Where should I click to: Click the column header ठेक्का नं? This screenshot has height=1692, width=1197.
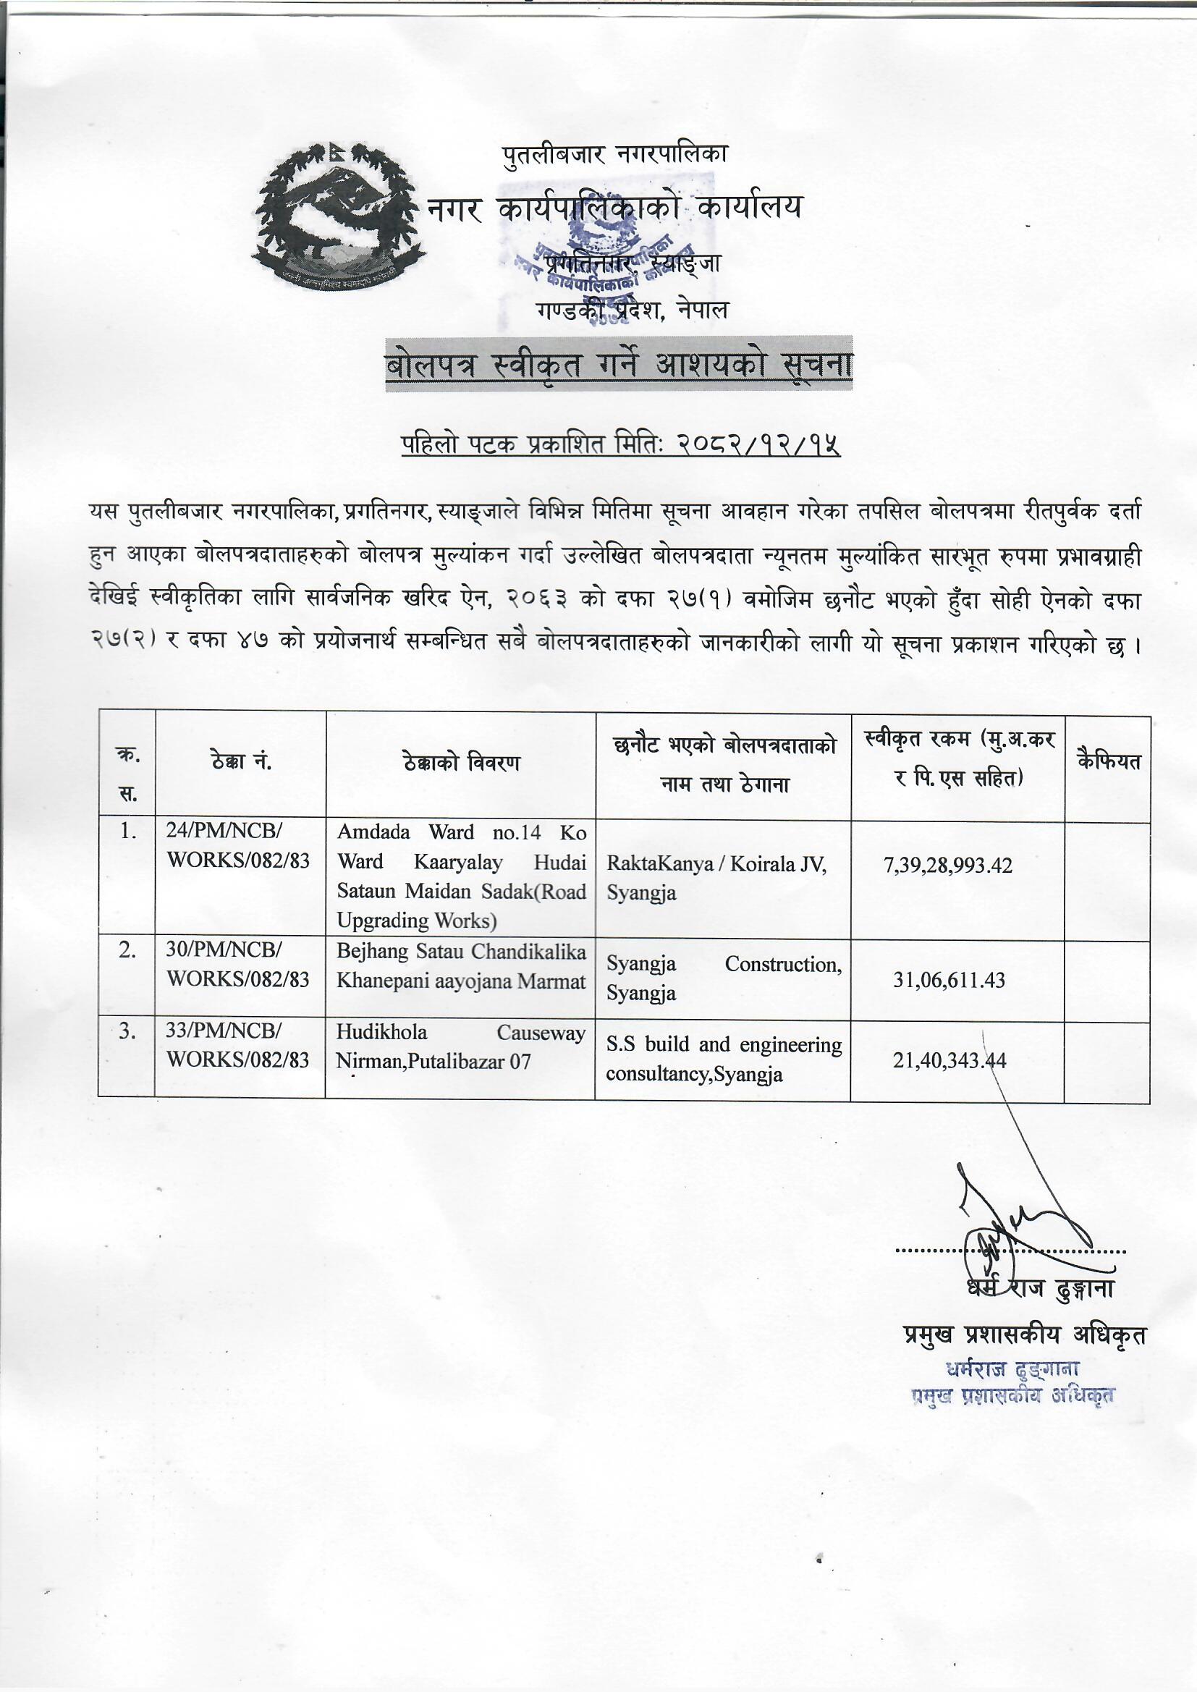click(x=240, y=763)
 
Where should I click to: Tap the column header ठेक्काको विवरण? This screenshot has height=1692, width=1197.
click(x=461, y=763)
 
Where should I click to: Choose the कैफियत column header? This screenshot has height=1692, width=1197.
click(x=1108, y=761)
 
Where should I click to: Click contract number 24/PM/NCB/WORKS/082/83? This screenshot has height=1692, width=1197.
click(x=238, y=846)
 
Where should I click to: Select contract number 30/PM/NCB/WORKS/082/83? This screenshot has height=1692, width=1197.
click(x=238, y=964)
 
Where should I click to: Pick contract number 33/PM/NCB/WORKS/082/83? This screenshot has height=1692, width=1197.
click(x=238, y=1044)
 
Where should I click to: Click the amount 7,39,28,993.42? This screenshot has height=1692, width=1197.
click(x=948, y=865)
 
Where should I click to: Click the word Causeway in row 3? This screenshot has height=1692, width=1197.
click(x=541, y=1033)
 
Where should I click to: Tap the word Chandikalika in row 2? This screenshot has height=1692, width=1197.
click(x=528, y=952)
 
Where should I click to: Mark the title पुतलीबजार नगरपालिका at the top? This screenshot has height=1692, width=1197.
click(x=614, y=155)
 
